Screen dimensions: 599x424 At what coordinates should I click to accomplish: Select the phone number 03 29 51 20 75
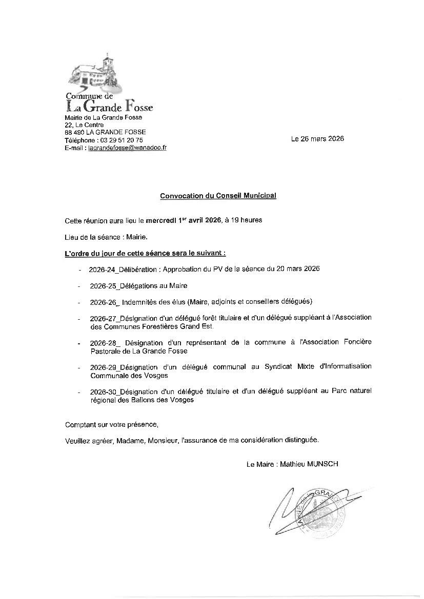point(122,140)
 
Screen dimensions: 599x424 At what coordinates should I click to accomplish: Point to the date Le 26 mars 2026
point(317,139)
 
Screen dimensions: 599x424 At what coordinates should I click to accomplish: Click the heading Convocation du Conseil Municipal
point(218,196)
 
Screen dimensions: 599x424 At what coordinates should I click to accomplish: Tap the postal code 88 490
point(75,132)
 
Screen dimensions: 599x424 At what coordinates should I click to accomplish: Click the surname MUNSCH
point(322,464)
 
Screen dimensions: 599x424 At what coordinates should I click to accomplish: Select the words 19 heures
point(248,220)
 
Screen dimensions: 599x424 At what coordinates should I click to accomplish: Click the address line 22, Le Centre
point(84,125)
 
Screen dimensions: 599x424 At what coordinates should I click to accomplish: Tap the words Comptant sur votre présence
point(112,425)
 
